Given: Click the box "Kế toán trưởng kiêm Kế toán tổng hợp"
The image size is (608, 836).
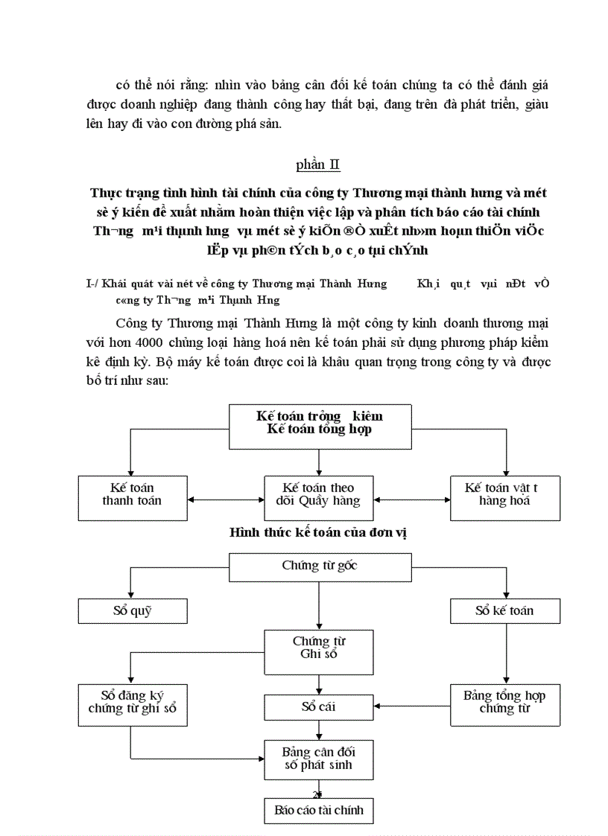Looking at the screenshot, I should pyautogui.click(x=320, y=427).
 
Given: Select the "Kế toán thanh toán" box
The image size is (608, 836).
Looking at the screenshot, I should pyautogui.click(x=132, y=497).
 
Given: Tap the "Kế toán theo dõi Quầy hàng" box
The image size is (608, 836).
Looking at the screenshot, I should pyautogui.click(x=319, y=497).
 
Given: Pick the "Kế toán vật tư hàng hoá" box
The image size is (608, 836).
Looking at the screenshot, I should pyautogui.click(x=505, y=497).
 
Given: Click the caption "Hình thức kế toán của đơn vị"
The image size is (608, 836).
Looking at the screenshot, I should pyautogui.click(x=318, y=534).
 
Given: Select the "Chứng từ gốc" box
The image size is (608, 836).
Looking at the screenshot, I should pyautogui.click(x=320, y=567).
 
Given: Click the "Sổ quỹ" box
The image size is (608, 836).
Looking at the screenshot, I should pyautogui.click(x=132, y=611).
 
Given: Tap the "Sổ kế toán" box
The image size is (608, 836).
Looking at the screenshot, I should pyautogui.click(x=505, y=611).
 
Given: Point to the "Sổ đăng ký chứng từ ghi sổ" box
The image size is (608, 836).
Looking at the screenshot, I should pyautogui.click(x=132, y=704).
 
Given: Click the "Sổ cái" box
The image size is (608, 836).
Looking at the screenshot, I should pyautogui.click(x=319, y=706).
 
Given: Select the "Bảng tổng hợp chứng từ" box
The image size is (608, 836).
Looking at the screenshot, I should pyautogui.click(x=505, y=704).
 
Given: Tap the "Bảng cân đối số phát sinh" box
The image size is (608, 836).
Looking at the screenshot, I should pyautogui.click(x=319, y=759).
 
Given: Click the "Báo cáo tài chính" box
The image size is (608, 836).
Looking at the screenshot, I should pyautogui.click(x=319, y=811).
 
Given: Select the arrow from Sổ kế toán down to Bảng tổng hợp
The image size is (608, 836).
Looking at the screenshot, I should pyautogui.click(x=507, y=654).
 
